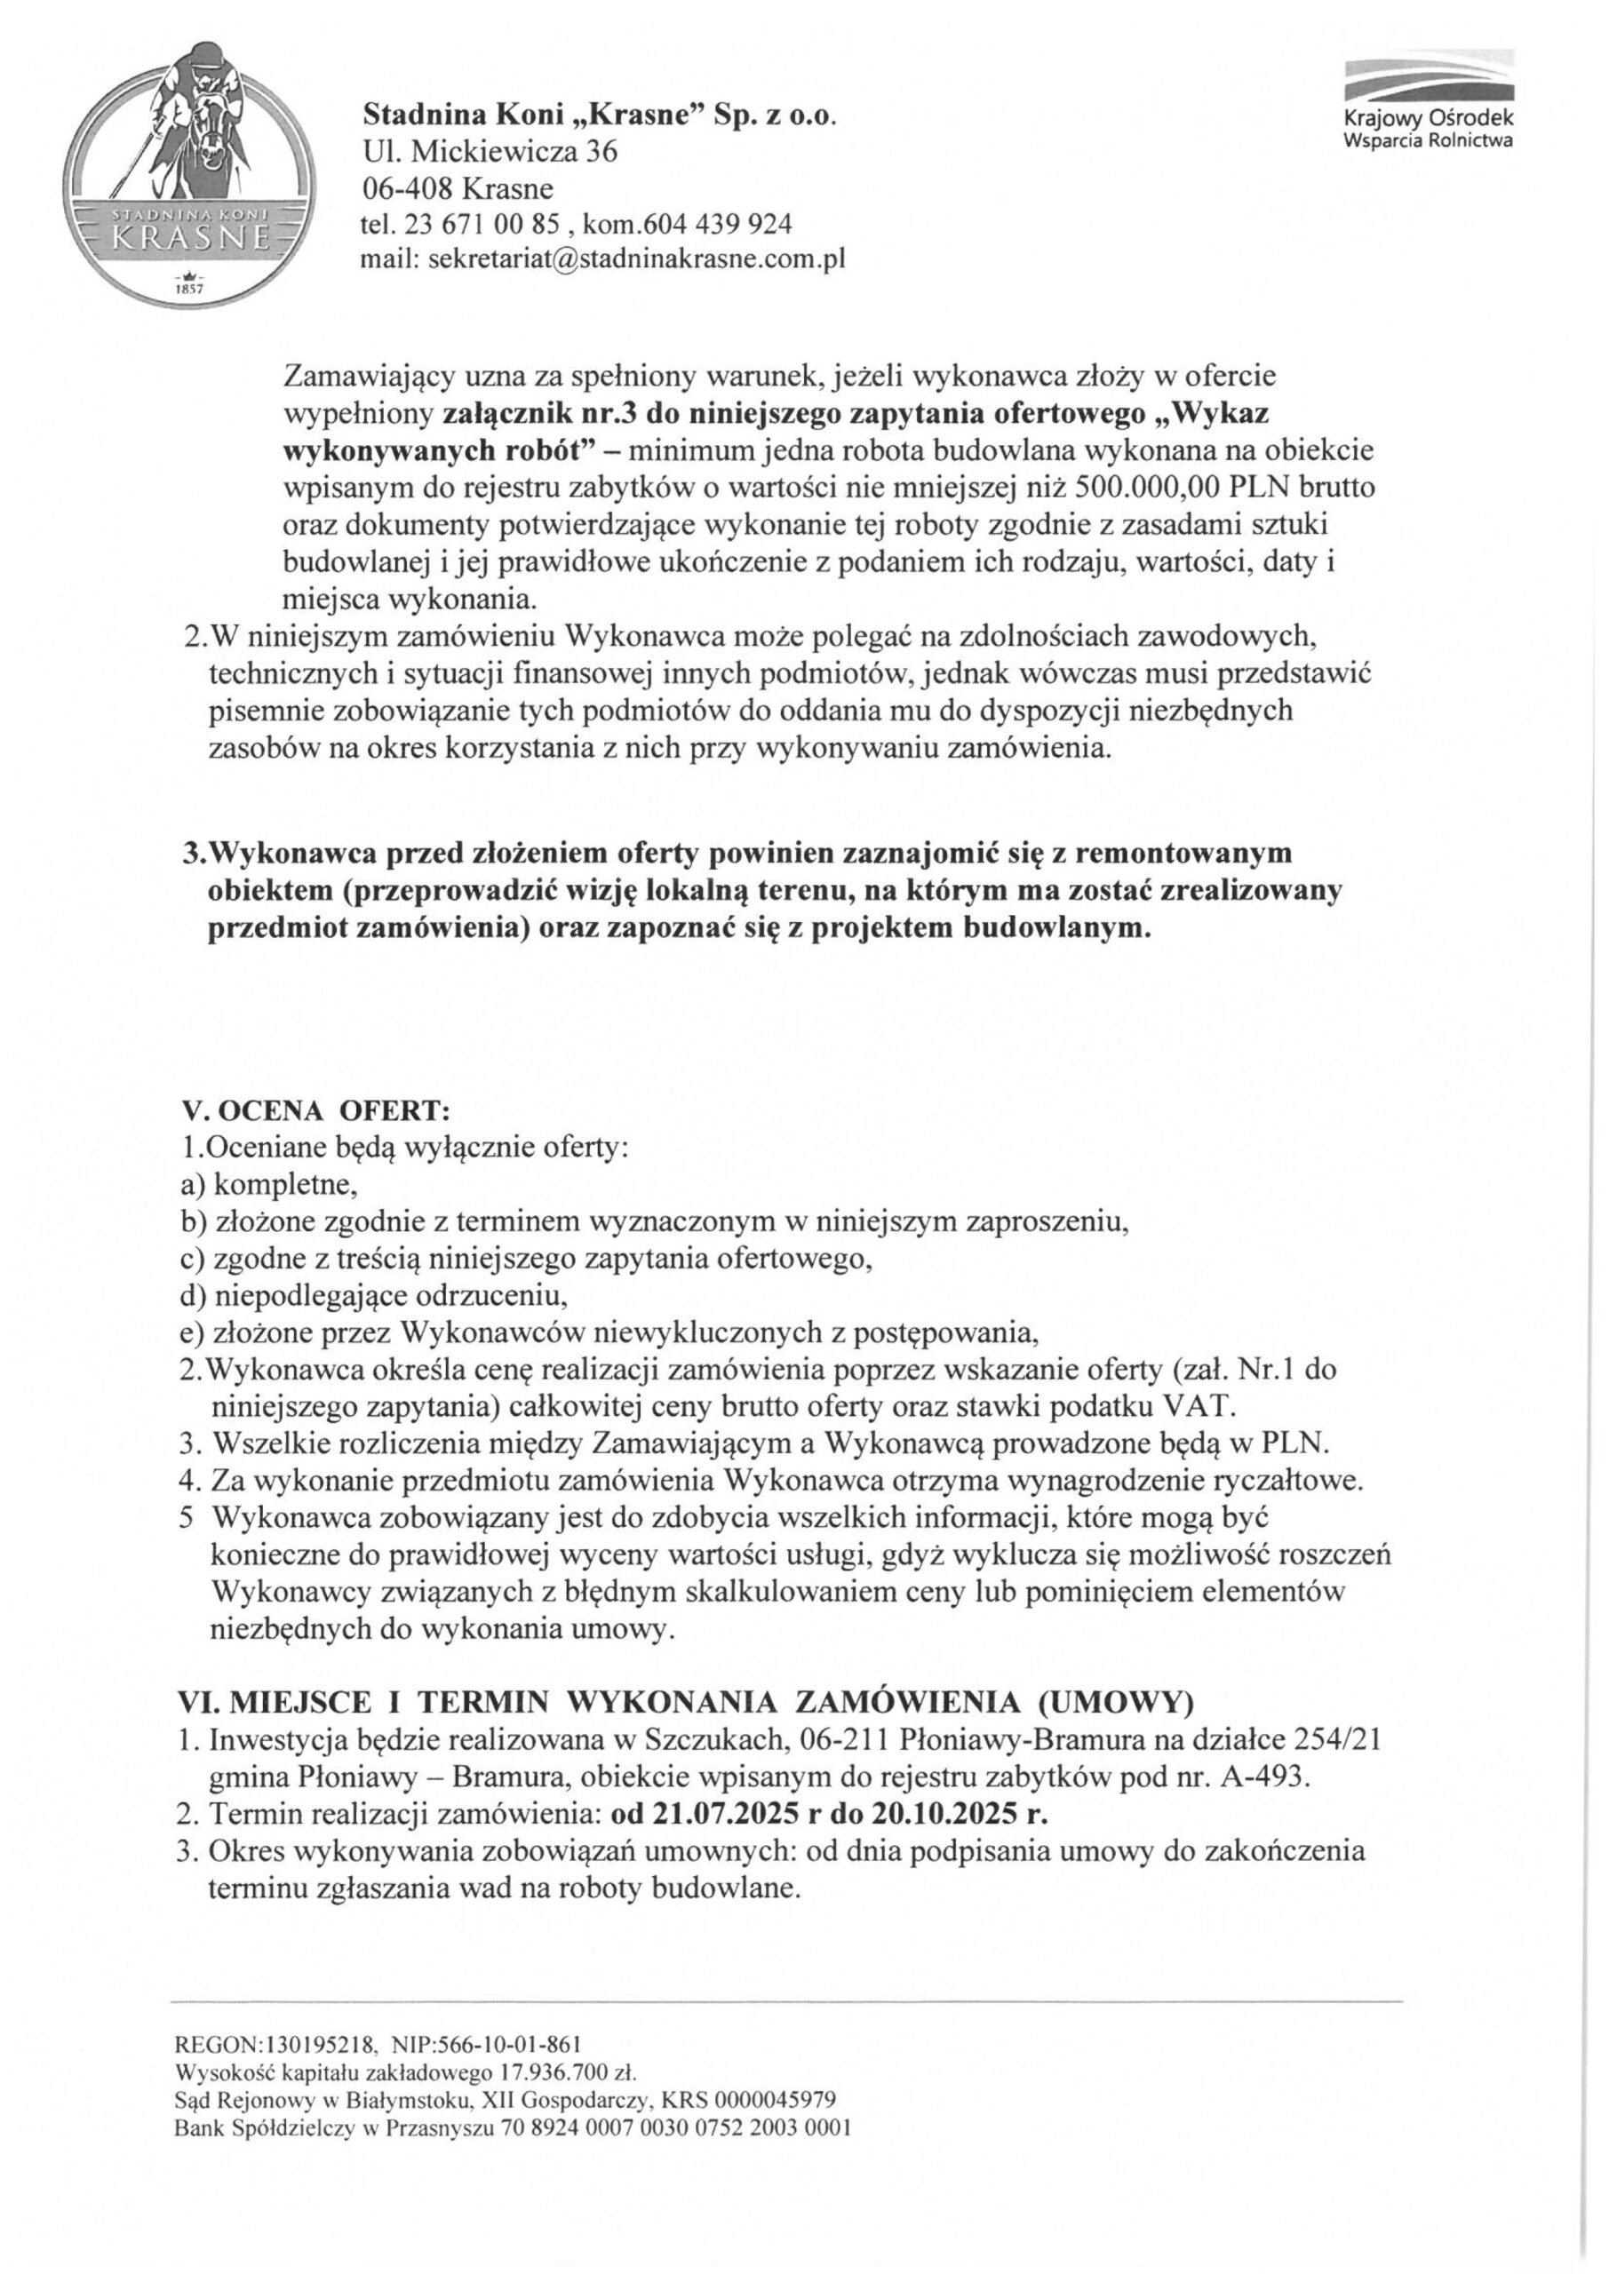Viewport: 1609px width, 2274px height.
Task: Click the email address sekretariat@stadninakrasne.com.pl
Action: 633,260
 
